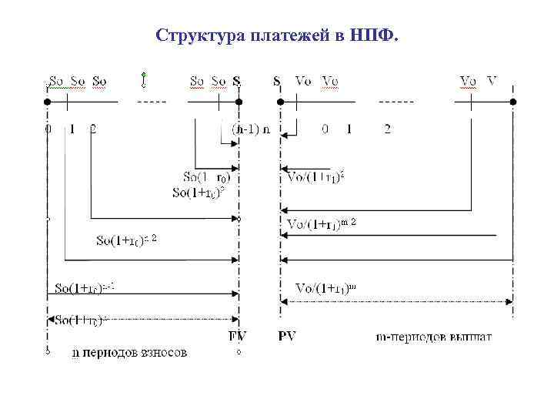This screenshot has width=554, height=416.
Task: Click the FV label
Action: click(x=238, y=336)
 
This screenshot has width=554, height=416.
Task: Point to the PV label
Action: click(x=287, y=336)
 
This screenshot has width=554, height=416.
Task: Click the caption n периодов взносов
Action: click(x=128, y=353)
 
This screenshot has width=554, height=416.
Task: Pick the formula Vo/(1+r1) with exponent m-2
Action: click(x=322, y=224)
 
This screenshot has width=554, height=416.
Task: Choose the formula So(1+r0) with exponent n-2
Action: click(x=126, y=240)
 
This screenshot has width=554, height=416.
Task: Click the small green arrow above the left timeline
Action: click(x=144, y=77)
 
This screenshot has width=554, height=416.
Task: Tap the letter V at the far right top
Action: click(x=492, y=80)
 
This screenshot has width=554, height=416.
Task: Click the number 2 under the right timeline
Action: click(x=387, y=129)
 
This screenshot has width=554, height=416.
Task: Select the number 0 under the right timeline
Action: click(x=325, y=129)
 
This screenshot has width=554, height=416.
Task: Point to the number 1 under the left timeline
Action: click(x=72, y=129)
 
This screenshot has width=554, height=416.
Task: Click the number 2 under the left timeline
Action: click(x=93, y=129)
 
